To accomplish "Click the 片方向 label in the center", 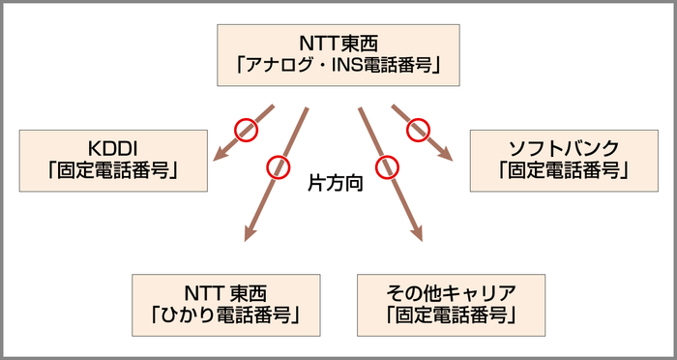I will (335, 181).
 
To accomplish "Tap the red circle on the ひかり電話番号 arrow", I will (279, 166).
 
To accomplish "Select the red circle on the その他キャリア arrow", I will (388, 166).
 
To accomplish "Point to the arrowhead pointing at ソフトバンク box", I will (446, 152).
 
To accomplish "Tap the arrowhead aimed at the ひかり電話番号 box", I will (250, 233).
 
